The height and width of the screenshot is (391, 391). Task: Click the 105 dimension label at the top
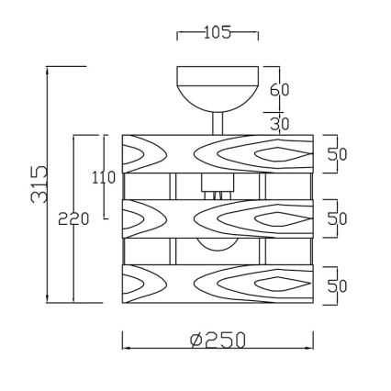[218, 34]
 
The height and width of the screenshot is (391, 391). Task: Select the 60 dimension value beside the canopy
[280, 90]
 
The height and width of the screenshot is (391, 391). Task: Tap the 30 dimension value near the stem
[280, 123]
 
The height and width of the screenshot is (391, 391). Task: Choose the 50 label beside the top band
[337, 152]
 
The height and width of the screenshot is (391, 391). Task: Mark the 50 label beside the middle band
[337, 218]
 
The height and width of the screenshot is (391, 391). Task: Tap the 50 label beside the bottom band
[337, 285]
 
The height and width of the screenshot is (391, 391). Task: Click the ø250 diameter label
[218, 341]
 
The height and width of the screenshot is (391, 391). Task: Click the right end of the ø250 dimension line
[313, 349]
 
